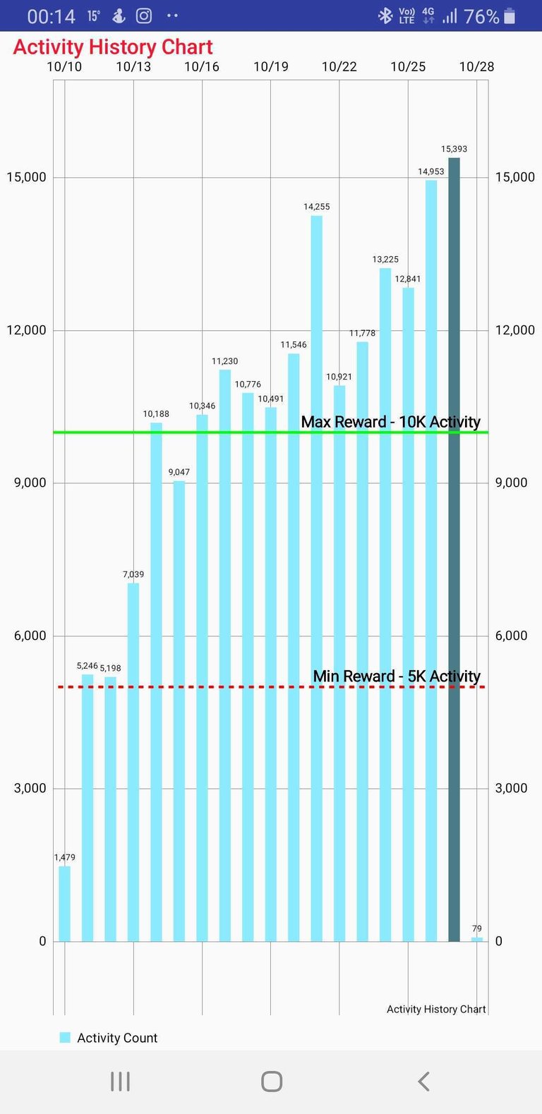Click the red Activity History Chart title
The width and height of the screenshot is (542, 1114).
113,47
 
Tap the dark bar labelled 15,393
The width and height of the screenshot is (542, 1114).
454,550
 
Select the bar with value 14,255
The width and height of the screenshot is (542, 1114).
316,579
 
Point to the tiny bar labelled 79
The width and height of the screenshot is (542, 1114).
477,939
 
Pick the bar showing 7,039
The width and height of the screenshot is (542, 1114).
133,762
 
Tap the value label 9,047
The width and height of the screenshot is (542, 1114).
179,472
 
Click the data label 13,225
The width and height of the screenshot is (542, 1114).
385,260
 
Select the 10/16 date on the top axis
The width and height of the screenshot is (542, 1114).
202,67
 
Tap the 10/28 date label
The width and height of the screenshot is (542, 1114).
476,67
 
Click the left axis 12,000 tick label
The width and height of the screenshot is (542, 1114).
26,330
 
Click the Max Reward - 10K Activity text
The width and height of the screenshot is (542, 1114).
390,422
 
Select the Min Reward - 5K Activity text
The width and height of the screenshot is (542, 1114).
397,677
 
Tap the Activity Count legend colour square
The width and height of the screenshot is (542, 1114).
65,1037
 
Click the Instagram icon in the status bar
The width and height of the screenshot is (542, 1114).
144,16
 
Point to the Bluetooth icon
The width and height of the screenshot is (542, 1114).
385,16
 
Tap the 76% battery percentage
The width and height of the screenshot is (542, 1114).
481,16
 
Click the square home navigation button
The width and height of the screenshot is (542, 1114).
271,1082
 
